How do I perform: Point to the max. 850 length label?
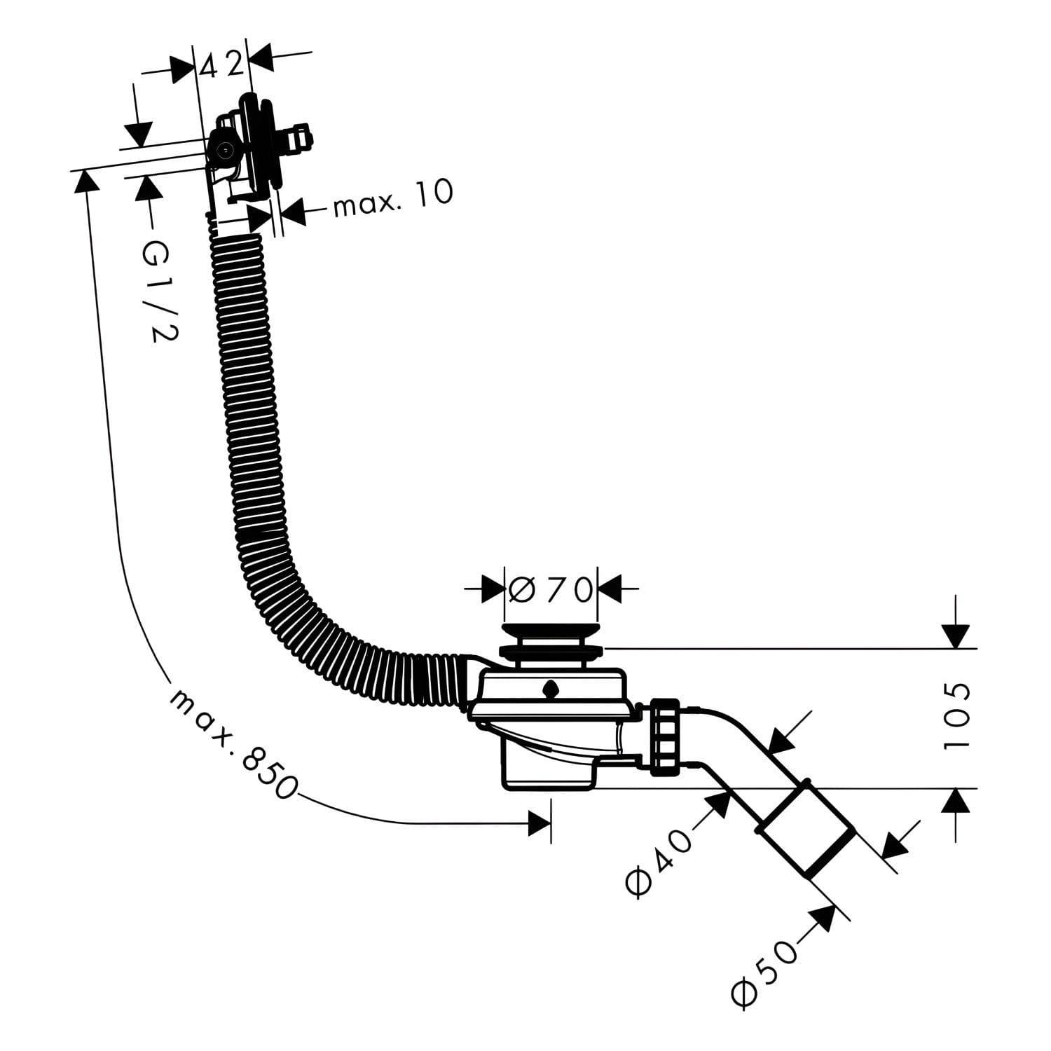(231, 743)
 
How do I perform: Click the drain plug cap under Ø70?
(550, 641)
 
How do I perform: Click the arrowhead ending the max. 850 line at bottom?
(540, 824)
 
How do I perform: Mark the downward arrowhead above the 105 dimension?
(956, 636)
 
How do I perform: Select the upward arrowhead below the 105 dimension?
(956, 801)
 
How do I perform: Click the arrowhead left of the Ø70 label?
(493, 589)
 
